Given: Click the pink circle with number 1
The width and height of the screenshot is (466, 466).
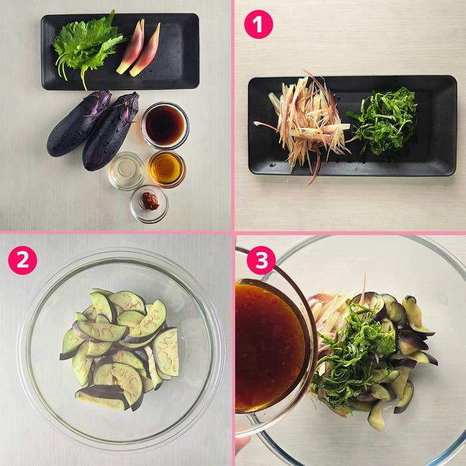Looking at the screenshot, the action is tap(258, 25).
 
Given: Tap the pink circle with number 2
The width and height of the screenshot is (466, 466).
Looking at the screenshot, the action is tap(23, 260).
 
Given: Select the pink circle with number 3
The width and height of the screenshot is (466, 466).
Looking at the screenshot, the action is tap(261, 260).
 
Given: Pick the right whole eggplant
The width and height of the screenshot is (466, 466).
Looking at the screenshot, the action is tap(111, 130).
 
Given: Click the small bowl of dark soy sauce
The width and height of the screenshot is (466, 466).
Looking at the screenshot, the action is tap(165, 125).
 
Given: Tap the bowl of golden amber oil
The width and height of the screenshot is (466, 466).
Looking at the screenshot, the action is tap(166, 169).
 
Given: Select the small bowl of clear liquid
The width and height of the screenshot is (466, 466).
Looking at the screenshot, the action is tap(126, 171).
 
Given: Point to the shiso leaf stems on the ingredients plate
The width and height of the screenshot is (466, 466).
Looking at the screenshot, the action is tap(71, 73).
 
